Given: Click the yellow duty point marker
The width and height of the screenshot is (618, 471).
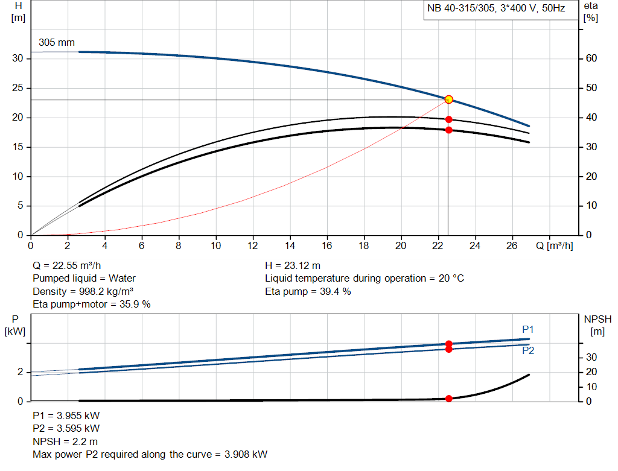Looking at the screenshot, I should tap(448, 100).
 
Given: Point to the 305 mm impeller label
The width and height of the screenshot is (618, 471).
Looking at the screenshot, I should tap(57, 43).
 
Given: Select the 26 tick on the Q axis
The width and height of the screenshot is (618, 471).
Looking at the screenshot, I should tap(512, 245).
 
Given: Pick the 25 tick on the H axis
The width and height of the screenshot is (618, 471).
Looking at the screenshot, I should tap(18, 88).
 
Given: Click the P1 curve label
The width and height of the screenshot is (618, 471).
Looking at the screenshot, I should tap(528, 329).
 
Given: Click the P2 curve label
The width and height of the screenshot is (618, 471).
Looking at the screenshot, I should tap(528, 350).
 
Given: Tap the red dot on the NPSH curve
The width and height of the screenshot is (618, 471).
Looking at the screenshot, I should tap(448, 399).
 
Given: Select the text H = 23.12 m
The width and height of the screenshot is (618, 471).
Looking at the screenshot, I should tap(293, 265).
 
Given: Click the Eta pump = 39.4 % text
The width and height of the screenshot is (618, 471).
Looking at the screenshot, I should tap(308, 291).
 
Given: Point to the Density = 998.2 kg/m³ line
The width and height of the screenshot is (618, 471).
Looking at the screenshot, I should tap(83, 291).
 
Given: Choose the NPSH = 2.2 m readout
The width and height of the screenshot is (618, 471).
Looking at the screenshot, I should tap(65, 441).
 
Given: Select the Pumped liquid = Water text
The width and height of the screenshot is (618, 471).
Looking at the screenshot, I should tap(84, 278).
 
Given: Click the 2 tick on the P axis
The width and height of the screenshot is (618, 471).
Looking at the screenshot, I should tap(20, 372).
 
